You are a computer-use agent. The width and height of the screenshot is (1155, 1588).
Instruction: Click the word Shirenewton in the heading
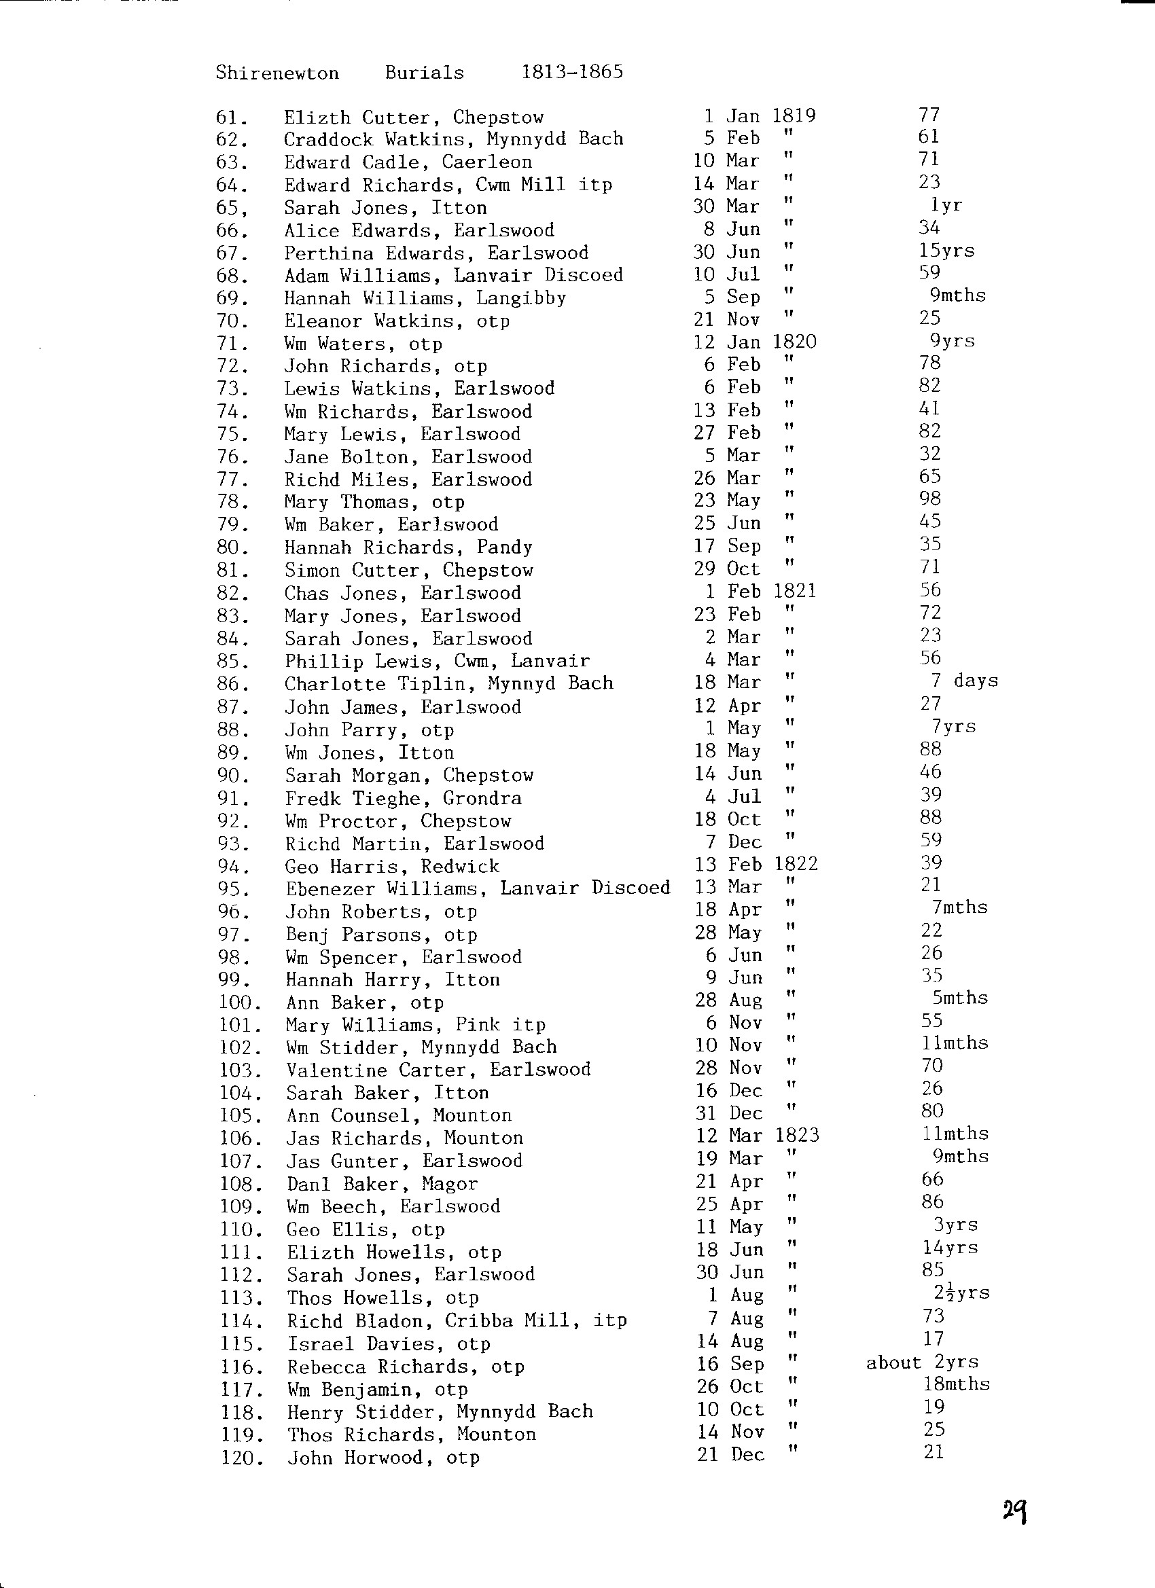coord(277,73)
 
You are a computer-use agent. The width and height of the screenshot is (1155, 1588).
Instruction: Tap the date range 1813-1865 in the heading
coord(571,72)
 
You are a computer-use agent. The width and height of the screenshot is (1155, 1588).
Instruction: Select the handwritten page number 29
coord(1014,1511)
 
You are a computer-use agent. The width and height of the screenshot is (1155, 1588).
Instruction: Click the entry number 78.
coord(232,502)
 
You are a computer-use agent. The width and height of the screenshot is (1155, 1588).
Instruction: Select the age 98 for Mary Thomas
coord(930,499)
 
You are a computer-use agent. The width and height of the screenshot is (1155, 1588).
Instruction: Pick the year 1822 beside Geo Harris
coord(796,864)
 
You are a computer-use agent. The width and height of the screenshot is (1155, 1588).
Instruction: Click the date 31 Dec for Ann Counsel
coord(729,1113)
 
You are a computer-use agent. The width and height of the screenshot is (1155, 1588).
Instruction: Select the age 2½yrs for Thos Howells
coord(961,1293)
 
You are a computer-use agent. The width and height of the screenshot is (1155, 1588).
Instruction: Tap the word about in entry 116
coord(893,1363)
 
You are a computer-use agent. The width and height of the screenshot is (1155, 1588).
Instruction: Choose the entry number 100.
coord(240,1003)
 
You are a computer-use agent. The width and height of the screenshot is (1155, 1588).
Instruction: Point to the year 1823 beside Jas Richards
coord(797,1136)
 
